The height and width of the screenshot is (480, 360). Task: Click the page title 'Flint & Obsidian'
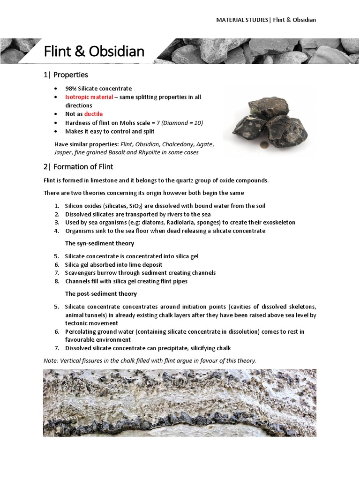click(x=94, y=51)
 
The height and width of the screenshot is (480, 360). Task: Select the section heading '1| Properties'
click(x=66, y=75)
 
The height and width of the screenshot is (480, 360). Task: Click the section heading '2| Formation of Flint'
click(x=78, y=166)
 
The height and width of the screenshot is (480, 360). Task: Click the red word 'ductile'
click(x=93, y=114)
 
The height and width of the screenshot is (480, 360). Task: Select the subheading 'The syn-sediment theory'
click(x=99, y=243)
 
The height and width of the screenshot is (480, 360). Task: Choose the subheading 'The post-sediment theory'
click(x=101, y=293)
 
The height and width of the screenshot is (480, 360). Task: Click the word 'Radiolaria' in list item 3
click(x=190, y=222)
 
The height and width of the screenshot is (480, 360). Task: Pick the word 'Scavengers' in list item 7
click(x=81, y=273)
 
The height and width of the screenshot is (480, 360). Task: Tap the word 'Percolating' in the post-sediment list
click(x=82, y=331)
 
